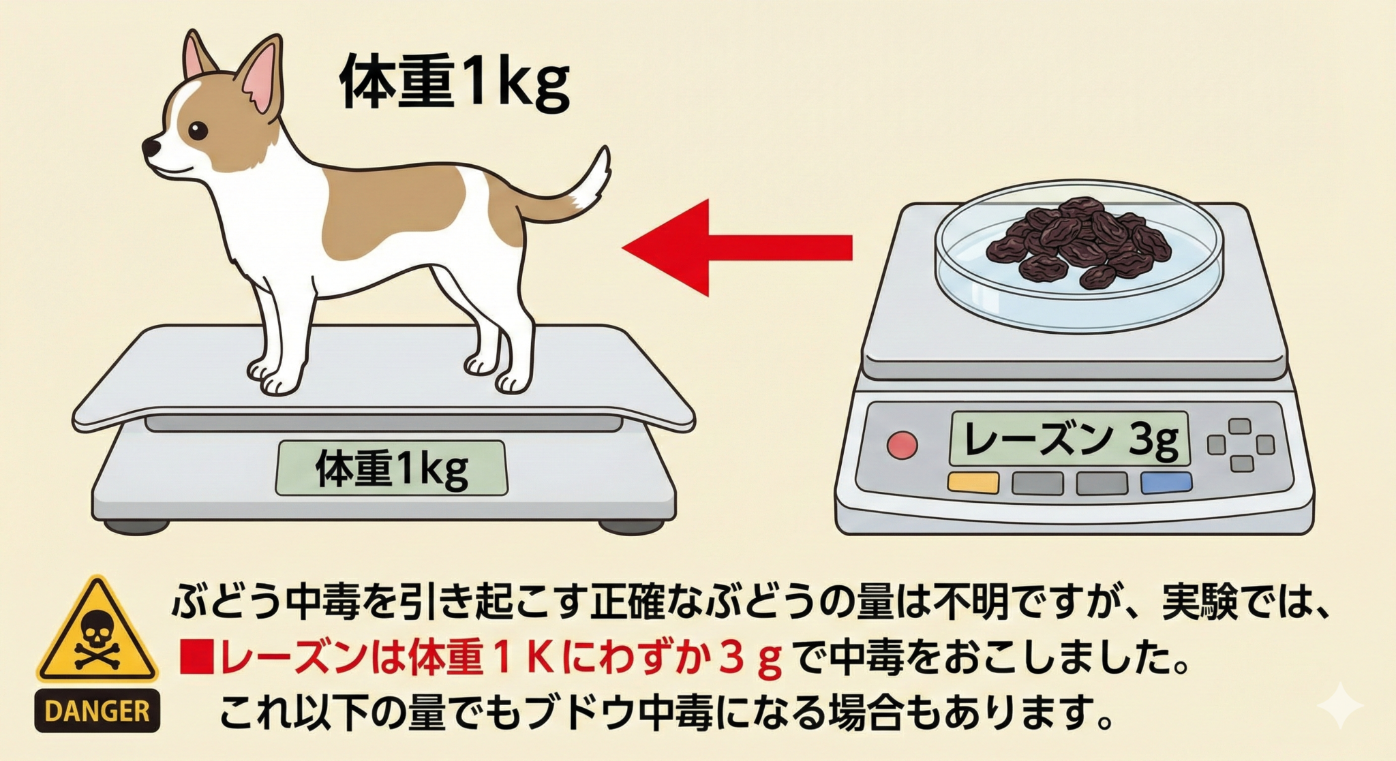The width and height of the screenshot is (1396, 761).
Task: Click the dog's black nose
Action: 149,146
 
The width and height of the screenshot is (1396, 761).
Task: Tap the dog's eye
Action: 197,130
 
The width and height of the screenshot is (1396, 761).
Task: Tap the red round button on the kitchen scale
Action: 902,445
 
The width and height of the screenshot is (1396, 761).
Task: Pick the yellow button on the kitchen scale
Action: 973,482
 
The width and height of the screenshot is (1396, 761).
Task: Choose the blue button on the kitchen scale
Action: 1166,482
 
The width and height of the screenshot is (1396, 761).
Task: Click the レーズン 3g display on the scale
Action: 1069,439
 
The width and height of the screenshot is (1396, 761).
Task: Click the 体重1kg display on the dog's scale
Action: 391,468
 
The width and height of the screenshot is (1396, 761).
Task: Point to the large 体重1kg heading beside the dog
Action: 454,83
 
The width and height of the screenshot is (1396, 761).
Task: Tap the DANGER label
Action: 97,711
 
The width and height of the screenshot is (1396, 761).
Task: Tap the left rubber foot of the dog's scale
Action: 136,525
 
